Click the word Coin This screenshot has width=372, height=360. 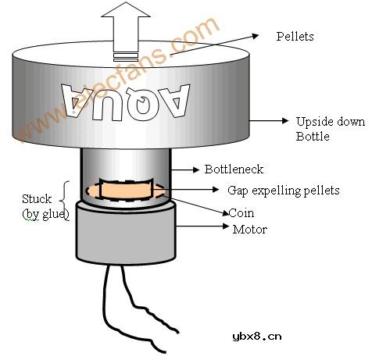[241, 212]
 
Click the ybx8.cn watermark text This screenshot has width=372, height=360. [256, 337]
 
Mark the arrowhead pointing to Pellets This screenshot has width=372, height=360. [259, 35]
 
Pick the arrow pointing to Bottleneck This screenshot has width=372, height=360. [184, 168]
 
